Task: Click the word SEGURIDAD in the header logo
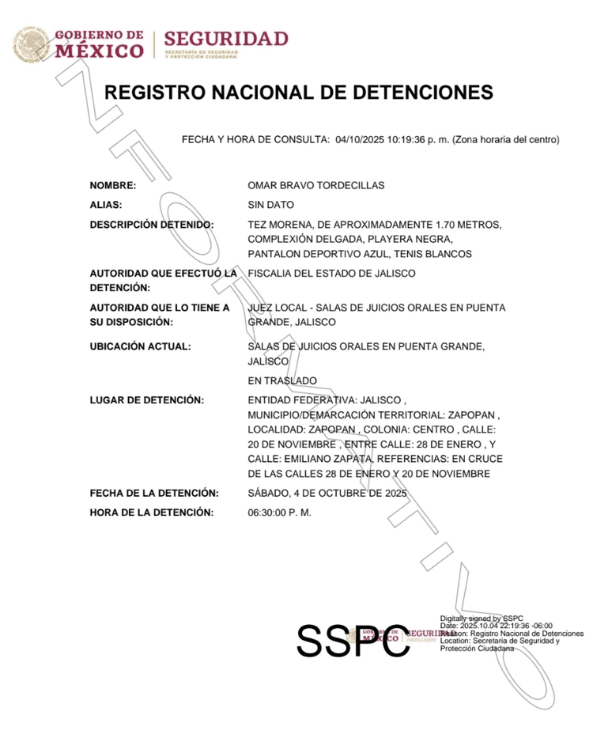tap(226, 39)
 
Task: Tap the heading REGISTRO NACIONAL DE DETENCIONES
tap(299, 93)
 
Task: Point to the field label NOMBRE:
tap(113, 186)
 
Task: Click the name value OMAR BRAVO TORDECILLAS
tap(315, 186)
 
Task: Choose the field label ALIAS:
tap(106, 206)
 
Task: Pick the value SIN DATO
tap(270, 206)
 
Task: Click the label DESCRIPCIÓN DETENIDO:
tap(152, 225)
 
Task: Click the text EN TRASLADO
tap(282, 381)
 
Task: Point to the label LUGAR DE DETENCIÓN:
tap(147, 400)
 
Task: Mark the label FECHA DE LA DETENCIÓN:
tap(154, 494)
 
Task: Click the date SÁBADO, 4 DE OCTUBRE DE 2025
tap(327, 494)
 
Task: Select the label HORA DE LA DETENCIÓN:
tap(152, 513)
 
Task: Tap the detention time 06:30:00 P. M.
tap(280, 513)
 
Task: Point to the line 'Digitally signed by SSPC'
tap(482, 618)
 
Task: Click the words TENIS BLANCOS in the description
tap(434, 254)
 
